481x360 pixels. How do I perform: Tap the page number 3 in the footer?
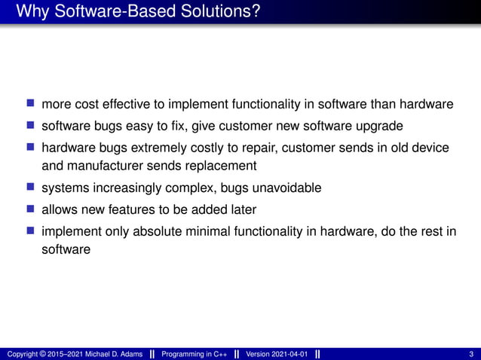(470, 354)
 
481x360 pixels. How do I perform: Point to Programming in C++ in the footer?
(195, 354)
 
